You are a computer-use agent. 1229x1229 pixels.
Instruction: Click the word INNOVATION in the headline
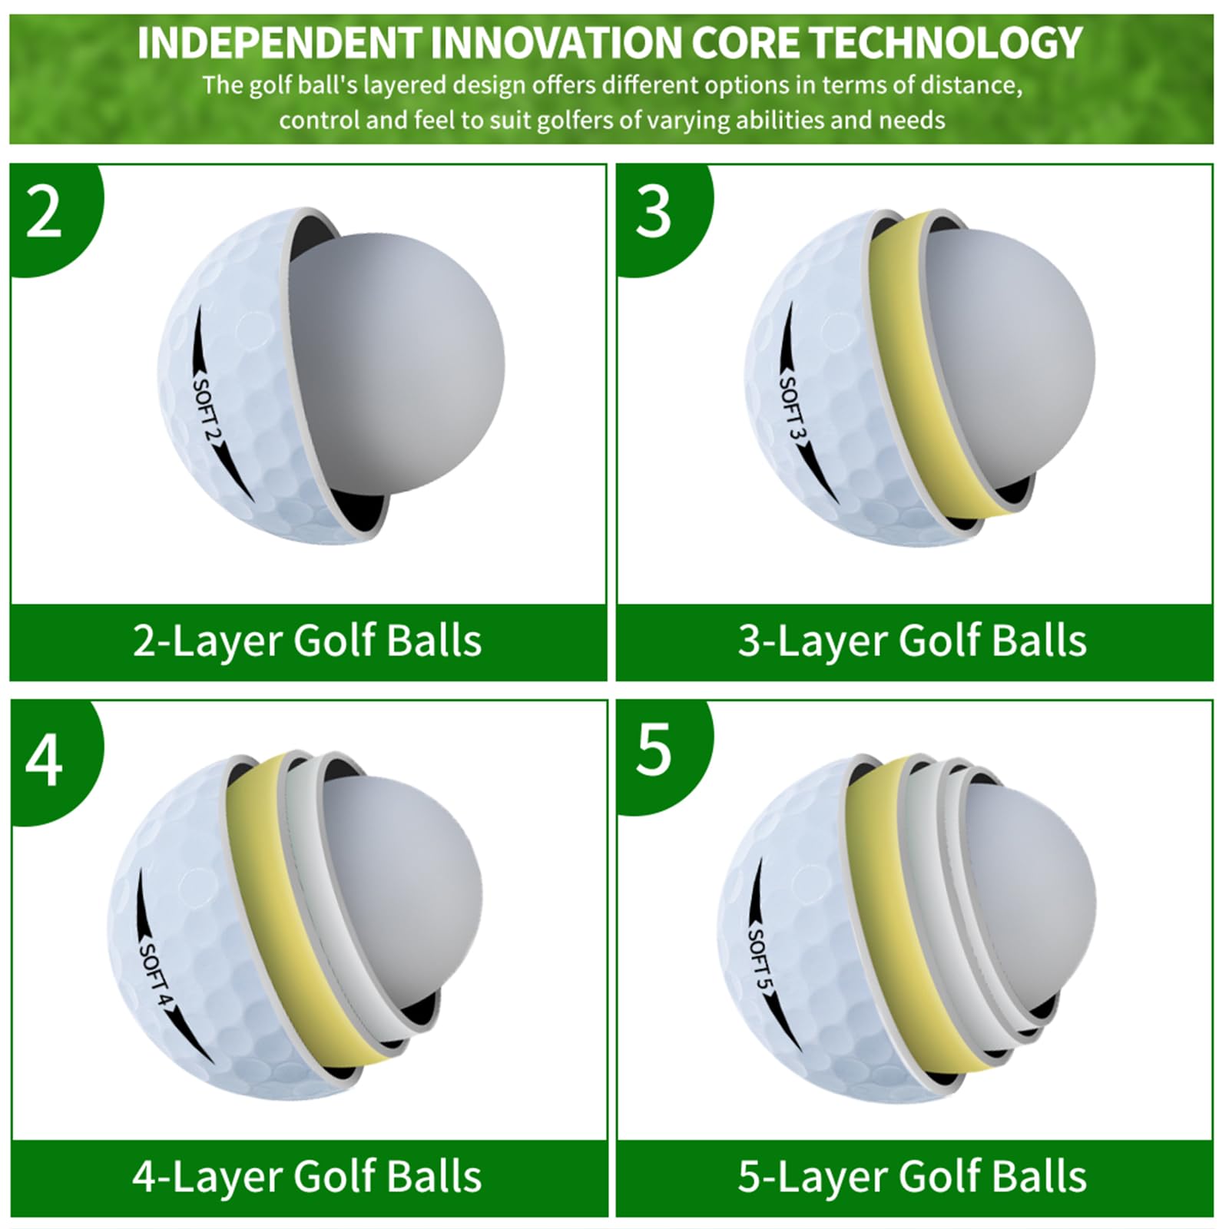coord(558,43)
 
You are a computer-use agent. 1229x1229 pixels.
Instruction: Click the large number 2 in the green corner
coord(44,213)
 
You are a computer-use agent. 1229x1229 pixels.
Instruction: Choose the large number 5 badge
coord(654,749)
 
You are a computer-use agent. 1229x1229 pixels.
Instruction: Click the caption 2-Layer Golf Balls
coord(307,641)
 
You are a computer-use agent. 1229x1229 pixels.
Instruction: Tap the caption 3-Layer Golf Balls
coord(913,641)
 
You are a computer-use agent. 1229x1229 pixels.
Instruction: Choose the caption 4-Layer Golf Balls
coord(307,1177)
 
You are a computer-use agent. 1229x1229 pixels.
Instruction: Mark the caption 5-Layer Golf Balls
coord(913,1177)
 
